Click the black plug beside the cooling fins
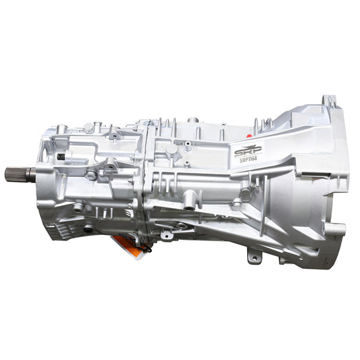(88, 228)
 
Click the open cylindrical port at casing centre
(191, 200)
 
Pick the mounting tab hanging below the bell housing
(253, 256)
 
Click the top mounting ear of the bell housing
(329, 102)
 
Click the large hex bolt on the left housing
(91, 175)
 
